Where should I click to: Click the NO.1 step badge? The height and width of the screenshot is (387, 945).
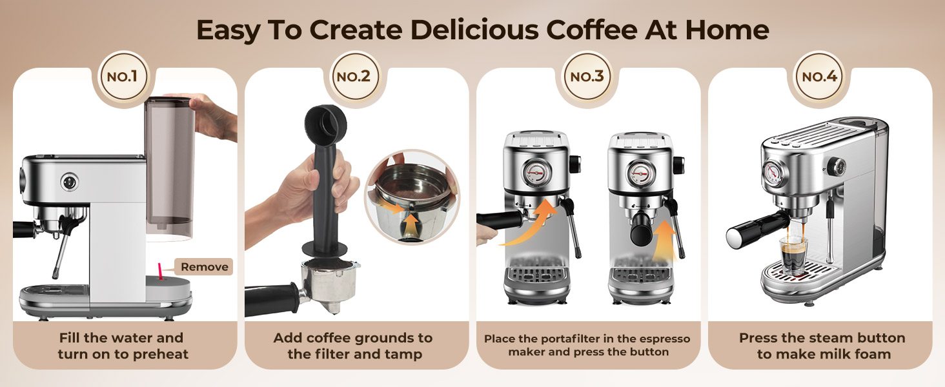[123, 77]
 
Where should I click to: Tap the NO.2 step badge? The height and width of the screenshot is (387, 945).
[354, 77]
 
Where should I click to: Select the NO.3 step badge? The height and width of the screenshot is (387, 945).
[587, 77]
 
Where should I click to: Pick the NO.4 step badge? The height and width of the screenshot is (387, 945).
[819, 77]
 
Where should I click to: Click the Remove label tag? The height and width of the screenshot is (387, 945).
[203, 267]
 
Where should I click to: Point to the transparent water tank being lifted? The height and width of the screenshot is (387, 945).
[170, 164]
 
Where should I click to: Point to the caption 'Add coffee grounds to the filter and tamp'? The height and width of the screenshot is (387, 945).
[353, 346]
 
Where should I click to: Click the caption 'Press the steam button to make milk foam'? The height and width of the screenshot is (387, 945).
[822, 346]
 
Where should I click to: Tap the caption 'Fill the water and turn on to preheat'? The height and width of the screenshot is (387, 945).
[123, 346]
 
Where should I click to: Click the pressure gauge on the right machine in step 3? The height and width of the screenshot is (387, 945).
[637, 173]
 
